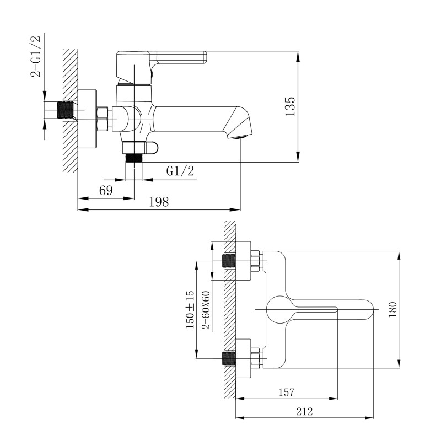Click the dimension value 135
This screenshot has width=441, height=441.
click(290, 106)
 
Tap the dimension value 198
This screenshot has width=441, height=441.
click(159, 202)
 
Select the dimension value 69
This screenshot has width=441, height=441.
click(106, 191)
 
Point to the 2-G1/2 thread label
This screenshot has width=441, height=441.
click(36, 56)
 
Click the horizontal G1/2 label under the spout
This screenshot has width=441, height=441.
click(180, 171)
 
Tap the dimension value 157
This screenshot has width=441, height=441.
click(286, 392)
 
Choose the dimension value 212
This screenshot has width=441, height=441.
click(304, 411)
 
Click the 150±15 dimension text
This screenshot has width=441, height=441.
click(190, 310)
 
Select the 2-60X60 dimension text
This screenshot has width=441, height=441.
click(206, 310)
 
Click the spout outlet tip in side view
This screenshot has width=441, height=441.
click(240, 137)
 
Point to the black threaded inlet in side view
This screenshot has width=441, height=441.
click(66, 110)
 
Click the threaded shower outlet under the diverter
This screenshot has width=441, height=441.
click(134, 158)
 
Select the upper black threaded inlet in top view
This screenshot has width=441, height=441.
click(228, 260)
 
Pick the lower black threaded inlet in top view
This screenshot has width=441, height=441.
click(228, 358)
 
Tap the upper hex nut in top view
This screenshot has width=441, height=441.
click(255, 261)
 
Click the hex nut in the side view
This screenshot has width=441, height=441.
click(103, 119)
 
